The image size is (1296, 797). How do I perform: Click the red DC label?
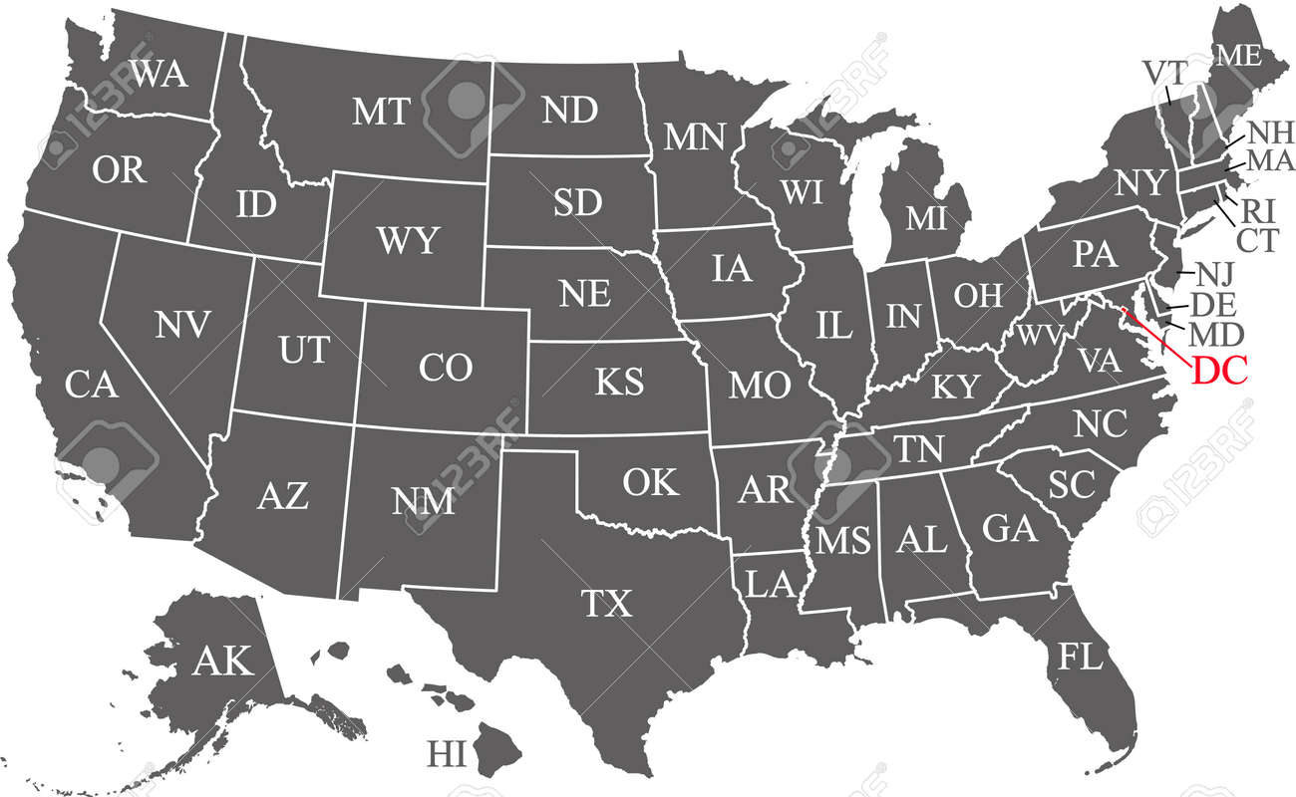[x=1219, y=371]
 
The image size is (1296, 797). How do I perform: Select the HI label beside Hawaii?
[x=447, y=754]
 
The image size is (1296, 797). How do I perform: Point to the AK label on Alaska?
[x=223, y=661]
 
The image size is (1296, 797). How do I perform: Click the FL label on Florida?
[x=1081, y=657]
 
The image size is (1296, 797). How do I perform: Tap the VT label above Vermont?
[x=1163, y=73]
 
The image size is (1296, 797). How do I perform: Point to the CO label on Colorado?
[x=445, y=369]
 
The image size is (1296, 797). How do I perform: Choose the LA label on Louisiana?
[x=770, y=585]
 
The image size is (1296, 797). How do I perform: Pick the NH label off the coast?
[x=1270, y=133]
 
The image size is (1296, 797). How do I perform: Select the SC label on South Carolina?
[x=1072, y=485]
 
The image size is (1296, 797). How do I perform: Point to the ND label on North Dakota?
[x=569, y=110]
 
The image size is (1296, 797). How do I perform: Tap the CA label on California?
[x=92, y=385]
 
